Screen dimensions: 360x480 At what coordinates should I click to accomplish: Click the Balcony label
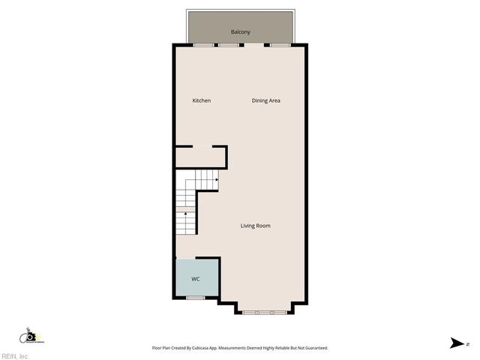click(x=241, y=32)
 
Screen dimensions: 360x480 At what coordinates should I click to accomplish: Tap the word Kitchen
click(x=201, y=100)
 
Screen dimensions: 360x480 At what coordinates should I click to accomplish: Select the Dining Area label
click(x=265, y=100)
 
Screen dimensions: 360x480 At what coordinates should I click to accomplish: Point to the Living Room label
click(x=255, y=226)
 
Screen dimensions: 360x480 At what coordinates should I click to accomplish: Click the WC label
click(x=196, y=279)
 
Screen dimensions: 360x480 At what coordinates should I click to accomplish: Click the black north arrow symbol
click(x=456, y=343)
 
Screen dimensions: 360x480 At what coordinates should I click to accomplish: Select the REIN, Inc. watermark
click(x=15, y=355)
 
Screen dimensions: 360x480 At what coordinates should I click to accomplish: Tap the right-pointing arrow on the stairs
click(x=216, y=180)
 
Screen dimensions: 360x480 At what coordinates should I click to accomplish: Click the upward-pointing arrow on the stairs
click(x=186, y=214)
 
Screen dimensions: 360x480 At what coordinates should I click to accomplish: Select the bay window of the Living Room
click(x=263, y=311)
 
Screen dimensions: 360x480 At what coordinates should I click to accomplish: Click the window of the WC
click(x=195, y=298)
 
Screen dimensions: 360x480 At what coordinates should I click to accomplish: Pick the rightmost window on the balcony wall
click(x=280, y=45)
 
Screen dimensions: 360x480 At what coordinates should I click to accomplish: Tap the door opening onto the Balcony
click(x=254, y=45)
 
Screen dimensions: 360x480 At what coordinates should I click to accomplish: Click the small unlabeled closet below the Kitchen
click(x=200, y=157)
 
